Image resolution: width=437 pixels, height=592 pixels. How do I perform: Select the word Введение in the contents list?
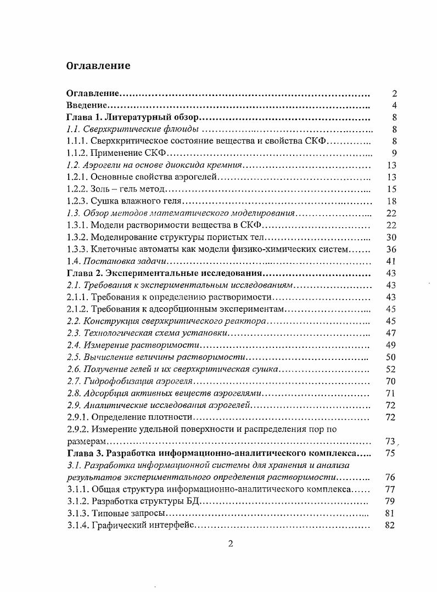(x=86, y=105)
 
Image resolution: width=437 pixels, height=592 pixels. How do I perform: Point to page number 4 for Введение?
(x=394, y=105)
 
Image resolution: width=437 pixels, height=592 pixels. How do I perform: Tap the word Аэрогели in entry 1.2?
(x=102, y=165)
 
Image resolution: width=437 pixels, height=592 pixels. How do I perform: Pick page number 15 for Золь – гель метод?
(x=391, y=189)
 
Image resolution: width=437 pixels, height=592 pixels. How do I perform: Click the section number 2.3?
(x=73, y=333)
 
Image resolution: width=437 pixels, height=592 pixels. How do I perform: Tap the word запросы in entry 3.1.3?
(x=146, y=514)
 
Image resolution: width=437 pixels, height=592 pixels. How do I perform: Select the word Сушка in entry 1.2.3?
(x=103, y=201)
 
